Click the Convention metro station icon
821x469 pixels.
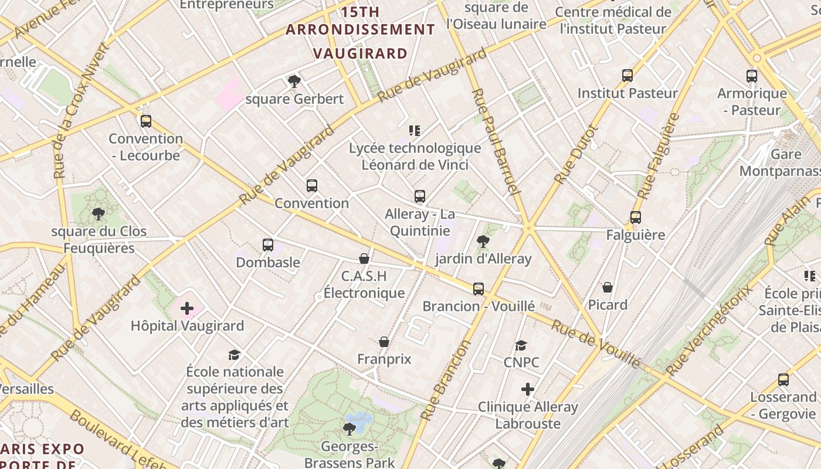(312, 186)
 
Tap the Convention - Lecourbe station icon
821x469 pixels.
(146, 121)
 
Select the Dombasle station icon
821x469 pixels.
(268, 245)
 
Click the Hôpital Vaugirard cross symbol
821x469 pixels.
(187, 308)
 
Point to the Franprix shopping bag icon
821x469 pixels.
(384, 342)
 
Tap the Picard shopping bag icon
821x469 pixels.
(608, 287)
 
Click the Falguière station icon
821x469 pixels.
(636, 217)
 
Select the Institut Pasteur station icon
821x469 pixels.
(627, 76)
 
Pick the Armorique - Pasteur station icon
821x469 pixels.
(752, 76)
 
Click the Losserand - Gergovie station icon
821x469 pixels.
(783, 380)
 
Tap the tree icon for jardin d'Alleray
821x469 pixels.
(483, 241)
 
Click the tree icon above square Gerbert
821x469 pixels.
(294, 81)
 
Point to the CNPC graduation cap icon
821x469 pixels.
(521, 345)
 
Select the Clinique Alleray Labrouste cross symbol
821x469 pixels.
(528, 389)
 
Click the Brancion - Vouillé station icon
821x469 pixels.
(479, 288)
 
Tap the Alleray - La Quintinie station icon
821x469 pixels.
(420, 196)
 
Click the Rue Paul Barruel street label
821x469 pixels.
(496, 141)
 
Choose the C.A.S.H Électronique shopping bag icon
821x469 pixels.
(364, 259)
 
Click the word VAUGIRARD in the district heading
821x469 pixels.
(360, 53)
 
